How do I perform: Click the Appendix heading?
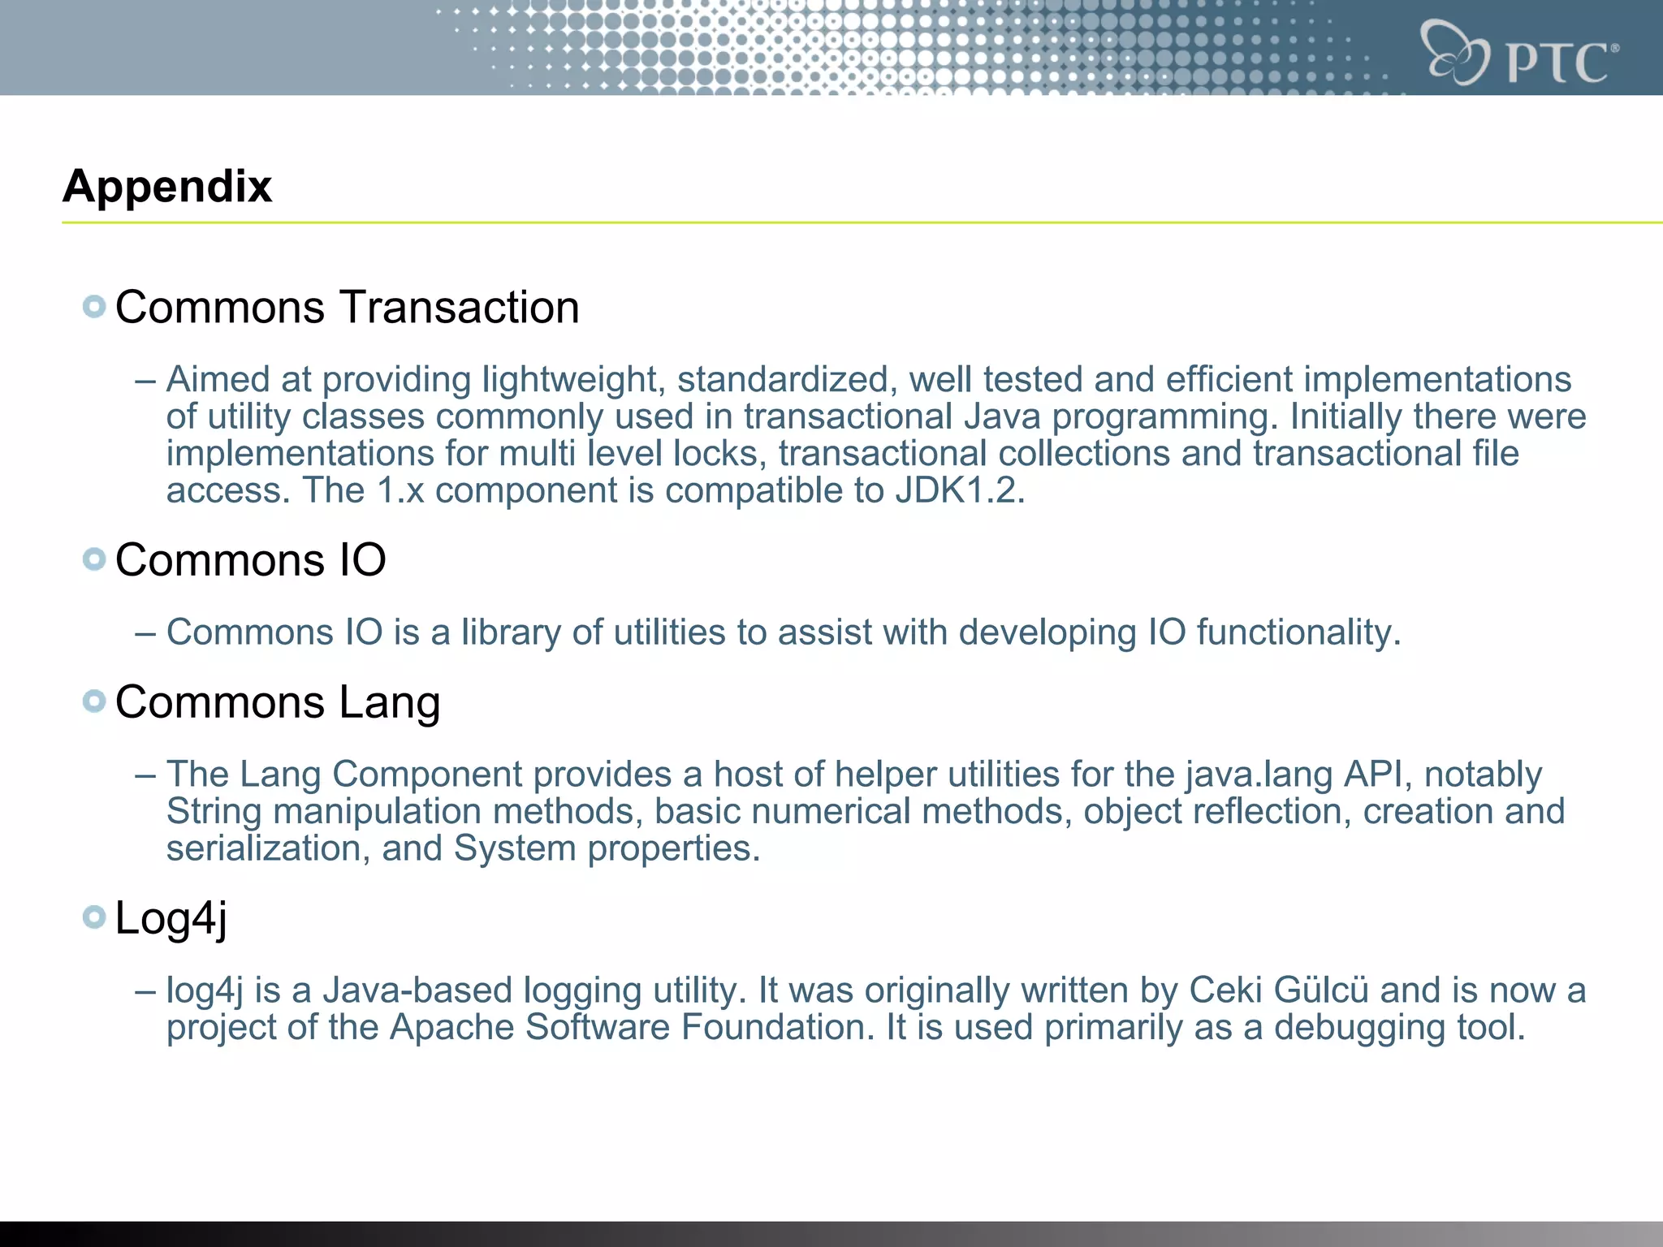tap(167, 187)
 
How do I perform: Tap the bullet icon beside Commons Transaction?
tap(94, 307)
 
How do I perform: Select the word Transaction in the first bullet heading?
tap(460, 308)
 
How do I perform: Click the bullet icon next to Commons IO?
tap(94, 559)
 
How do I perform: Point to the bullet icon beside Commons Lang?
tap(94, 701)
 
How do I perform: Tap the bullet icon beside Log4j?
tap(94, 917)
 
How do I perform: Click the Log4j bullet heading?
tap(171, 918)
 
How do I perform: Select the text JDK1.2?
tap(960, 490)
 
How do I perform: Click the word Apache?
tap(451, 1027)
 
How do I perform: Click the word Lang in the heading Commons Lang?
tap(389, 702)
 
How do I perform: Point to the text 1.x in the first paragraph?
tap(400, 490)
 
